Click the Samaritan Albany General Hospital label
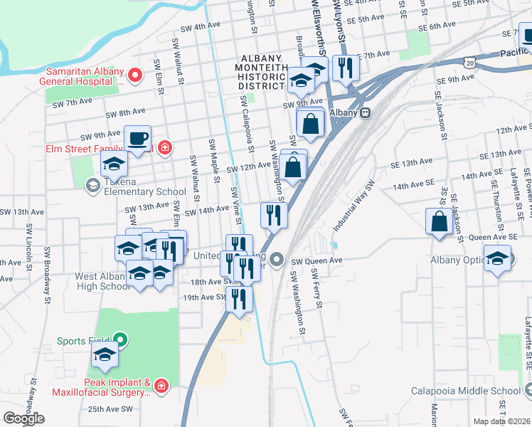[85, 76]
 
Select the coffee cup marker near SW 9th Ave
[137, 137]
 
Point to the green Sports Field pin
[120, 341]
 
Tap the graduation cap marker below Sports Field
[105, 356]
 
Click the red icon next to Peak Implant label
[162, 386]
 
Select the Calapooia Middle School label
[466, 390]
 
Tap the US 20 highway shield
[469, 63]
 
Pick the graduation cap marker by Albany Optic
[497, 258]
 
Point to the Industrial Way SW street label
[353, 209]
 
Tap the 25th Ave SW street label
[111, 409]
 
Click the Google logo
[23, 418]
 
